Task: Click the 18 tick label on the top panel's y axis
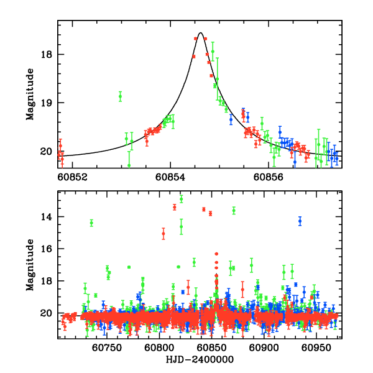(x=45, y=55)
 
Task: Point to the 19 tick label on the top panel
(x=45, y=103)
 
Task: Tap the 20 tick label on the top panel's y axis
(x=45, y=152)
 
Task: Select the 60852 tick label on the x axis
(x=73, y=177)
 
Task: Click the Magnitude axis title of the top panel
(x=29, y=94)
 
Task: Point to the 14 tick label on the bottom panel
(x=45, y=217)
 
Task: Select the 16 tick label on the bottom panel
(x=45, y=249)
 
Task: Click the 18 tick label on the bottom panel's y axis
(x=45, y=282)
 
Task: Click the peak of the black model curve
(x=201, y=33)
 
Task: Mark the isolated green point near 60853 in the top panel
(x=120, y=96)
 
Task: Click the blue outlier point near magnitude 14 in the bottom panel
(x=300, y=221)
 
